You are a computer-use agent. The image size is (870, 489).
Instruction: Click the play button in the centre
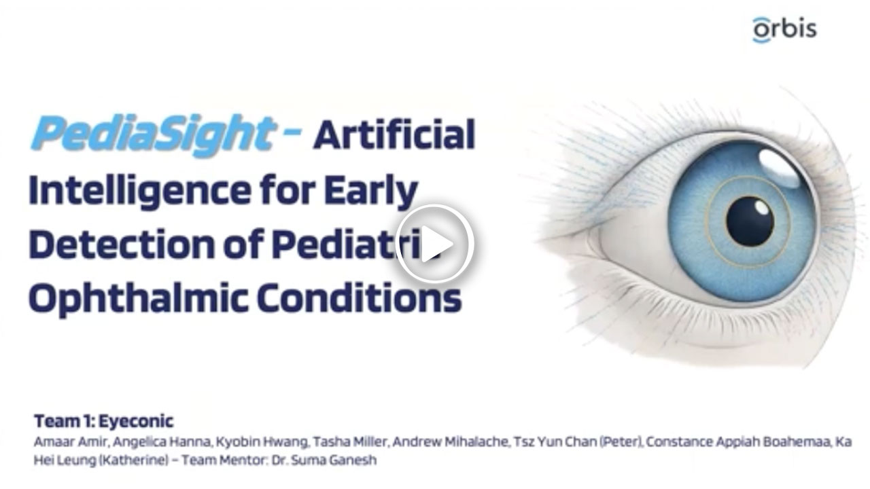click(435, 243)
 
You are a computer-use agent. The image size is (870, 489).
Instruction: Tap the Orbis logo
click(784, 29)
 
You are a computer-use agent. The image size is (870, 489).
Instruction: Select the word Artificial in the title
click(394, 135)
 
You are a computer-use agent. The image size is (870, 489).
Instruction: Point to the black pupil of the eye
click(750, 221)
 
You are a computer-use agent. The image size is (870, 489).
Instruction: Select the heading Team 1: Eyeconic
click(103, 421)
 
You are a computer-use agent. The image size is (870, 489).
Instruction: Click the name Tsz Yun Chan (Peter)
click(574, 442)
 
